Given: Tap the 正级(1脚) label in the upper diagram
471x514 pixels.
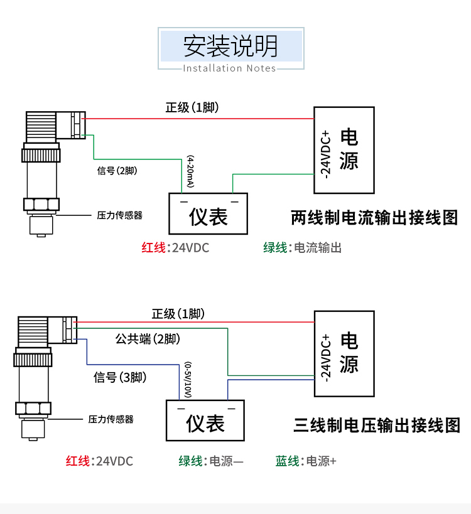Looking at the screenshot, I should click(192, 107).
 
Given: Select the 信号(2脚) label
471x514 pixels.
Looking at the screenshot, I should click(117, 171).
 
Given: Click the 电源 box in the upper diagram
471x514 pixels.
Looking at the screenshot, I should click(344, 149).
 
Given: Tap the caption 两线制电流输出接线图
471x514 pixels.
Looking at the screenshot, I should click(374, 218).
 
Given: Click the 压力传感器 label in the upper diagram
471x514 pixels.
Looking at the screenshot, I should click(119, 215).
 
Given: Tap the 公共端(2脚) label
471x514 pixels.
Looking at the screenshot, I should click(148, 339).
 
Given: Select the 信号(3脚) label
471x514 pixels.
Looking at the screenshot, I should click(120, 377).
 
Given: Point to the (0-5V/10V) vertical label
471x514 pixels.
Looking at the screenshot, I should click(187, 380).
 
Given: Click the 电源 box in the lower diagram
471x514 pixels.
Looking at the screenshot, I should click(344, 353).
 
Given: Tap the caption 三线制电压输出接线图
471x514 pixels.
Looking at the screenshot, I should click(377, 426).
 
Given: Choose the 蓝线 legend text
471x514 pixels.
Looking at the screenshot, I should click(288, 461).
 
